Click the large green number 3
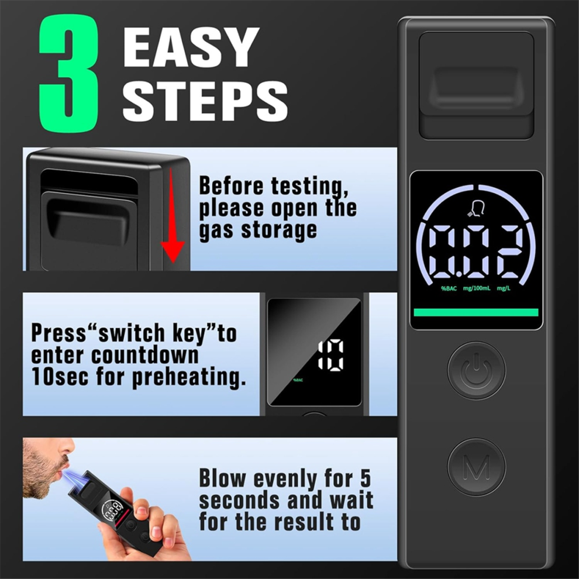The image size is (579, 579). pos(68,74)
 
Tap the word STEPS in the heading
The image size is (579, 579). pos(205,101)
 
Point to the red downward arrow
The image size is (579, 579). pos(173,215)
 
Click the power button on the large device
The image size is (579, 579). pos(476,370)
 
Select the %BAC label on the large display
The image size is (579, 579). pos(449,288)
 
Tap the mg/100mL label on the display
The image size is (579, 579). pos(477,288)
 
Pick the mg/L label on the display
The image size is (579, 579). pos(504,288)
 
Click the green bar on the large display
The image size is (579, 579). pos(476,312)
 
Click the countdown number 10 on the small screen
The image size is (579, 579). pos(331,355)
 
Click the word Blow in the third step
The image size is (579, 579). pos(222,478)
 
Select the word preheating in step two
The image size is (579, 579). pos(189,377)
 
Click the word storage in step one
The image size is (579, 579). pos(279,230)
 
